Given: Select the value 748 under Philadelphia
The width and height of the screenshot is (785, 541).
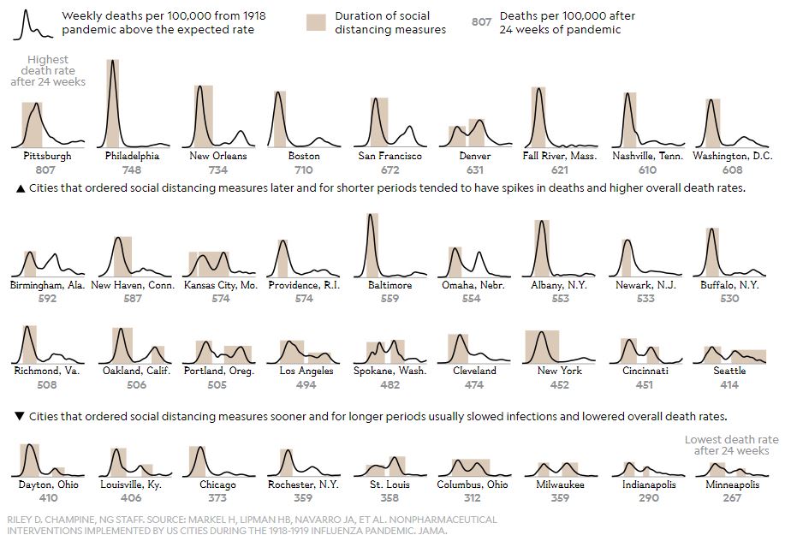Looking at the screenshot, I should click(132, 169).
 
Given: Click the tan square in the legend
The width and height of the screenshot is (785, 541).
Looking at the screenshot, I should click(317, 23).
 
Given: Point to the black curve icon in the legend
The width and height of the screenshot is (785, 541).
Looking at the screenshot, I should click(33, 24).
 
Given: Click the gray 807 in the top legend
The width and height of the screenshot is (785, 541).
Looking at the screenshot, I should click(482, 22).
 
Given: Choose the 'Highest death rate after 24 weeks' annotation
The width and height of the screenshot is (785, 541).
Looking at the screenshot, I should click(48, 70).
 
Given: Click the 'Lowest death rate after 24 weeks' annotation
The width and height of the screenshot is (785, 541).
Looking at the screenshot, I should click(732, 445).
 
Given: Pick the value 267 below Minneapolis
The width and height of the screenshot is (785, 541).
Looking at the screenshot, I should click(732, 497).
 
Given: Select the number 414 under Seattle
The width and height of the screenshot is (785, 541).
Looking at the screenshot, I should click(730, 384).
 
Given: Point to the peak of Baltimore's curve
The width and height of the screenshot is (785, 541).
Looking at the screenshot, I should click(371, 215).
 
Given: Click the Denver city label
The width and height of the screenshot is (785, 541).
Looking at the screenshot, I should click(474, 157).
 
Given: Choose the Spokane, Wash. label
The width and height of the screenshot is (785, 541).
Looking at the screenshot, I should click(390, 372).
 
